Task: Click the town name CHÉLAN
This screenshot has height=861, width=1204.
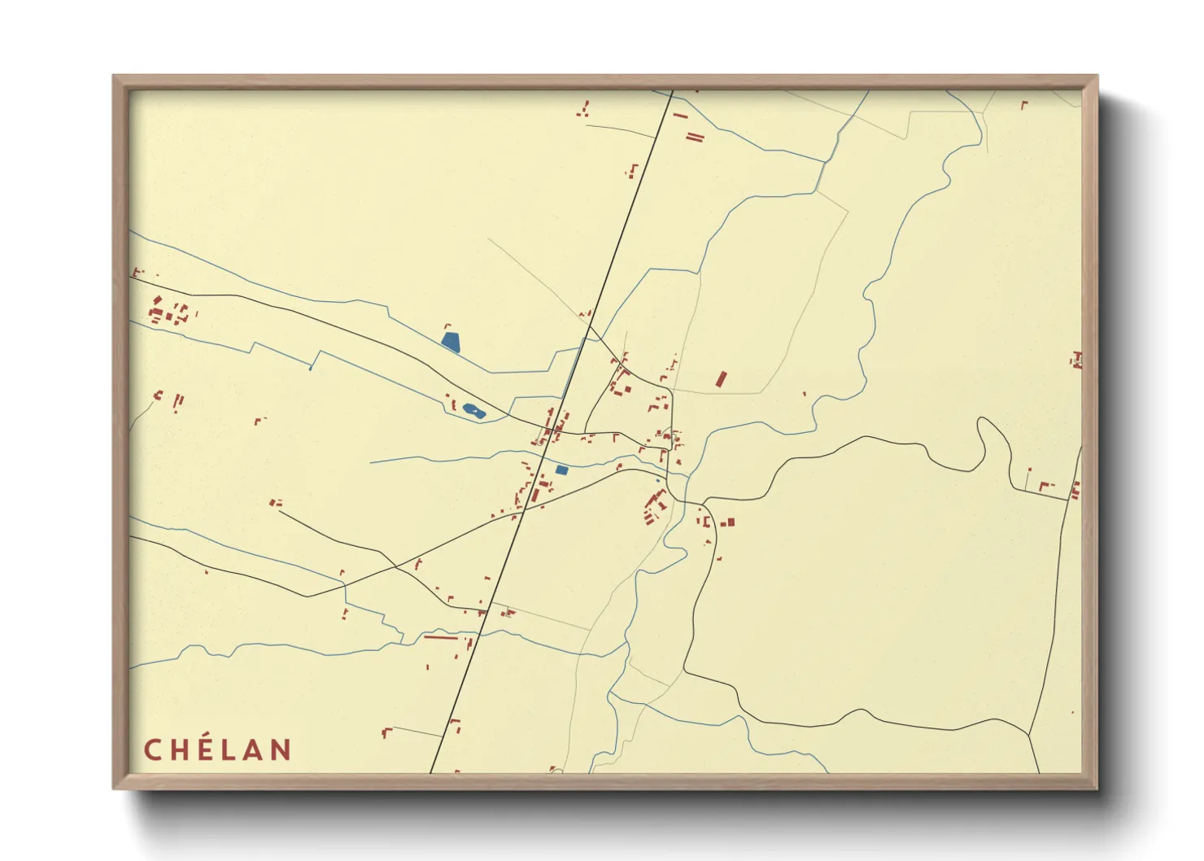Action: point(218,750)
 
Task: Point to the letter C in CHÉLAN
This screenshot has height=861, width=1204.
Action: point(152,750)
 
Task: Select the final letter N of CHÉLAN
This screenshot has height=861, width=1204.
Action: point(281,750)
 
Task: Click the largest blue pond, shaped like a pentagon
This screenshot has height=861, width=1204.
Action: point(451,341)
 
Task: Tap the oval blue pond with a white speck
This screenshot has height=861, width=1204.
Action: point(473,411)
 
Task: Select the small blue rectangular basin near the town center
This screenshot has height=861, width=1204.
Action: point(561,470)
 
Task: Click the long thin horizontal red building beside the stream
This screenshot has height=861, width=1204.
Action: point(441,638)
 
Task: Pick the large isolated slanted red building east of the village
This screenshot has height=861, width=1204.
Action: point(720,379)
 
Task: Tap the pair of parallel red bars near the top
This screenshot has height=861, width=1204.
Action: point(694,137)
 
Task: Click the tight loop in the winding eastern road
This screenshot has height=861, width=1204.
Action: point(993,439)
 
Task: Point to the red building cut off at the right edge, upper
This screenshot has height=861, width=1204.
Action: point(1076,359)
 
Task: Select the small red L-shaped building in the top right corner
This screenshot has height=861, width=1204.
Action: point(1024,104)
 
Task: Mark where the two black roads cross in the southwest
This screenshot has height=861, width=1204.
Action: point(396,566)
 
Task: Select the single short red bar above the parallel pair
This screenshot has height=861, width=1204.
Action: point(681,116)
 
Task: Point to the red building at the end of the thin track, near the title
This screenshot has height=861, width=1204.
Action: point(387,732)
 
